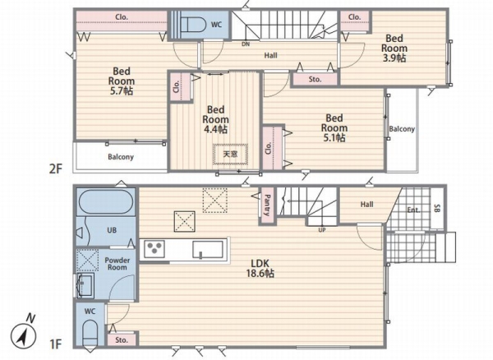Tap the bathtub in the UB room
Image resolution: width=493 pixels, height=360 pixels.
106,201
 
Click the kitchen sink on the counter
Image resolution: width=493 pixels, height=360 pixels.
208,250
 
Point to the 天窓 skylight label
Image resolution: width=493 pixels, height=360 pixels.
230,154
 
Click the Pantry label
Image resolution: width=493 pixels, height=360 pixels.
267,205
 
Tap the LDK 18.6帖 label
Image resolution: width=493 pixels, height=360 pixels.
260,268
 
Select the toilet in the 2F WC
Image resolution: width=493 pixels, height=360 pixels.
193,24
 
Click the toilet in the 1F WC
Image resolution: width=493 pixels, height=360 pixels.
90,334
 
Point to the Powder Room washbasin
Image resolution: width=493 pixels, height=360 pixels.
85,285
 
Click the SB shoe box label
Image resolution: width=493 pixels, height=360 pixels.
437,208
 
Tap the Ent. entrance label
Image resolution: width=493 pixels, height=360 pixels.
413,210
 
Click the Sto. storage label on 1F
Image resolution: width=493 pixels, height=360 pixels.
122,340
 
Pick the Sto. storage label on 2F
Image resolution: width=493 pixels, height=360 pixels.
315,79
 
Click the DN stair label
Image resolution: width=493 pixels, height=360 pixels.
246,44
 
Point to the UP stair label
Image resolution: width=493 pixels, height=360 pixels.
321,230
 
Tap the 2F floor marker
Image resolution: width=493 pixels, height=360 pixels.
56,169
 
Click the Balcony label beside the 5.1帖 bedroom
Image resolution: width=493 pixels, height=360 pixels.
402,129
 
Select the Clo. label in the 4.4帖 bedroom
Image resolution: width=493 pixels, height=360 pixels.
177,86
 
